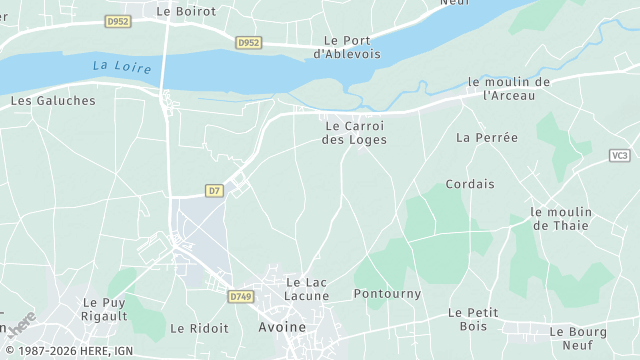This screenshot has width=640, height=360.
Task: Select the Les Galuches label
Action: pyautogui.click(x=53, y=101)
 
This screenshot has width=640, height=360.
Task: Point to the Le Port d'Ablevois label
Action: pyautogui.click(x=348, y=47)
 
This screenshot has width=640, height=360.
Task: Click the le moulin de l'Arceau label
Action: pyautogui.click(x=509, y=88)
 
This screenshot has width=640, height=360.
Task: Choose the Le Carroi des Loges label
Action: pyautogui.click(x=354, y=133)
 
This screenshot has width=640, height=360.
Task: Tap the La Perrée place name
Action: pyautogui.click(x=487, y=137)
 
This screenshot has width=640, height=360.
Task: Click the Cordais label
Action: pyautogui.click(x=470, y=184)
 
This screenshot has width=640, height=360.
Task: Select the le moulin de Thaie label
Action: pyautogui.click(x=561, y=219)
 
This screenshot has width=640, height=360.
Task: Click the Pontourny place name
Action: pyautogui.click(x=388, y=294)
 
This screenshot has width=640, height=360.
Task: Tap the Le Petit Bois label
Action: pyautogui.click(x=473, y=320)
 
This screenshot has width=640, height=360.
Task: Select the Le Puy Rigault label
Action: pyautogui.click(x=105, y=309)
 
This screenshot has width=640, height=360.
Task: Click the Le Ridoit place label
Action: pyautogui.click(x=199, y=328)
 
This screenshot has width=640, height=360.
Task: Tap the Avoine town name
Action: pyautogui.click(x=282, y=327)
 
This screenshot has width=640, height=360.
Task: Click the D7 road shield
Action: pyautogui.click(x=214, y=190)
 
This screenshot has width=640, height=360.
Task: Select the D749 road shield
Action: pyautogui.click(x=240, y=297)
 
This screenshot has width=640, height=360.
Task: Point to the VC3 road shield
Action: pyautogui.click(x=620, y=155)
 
